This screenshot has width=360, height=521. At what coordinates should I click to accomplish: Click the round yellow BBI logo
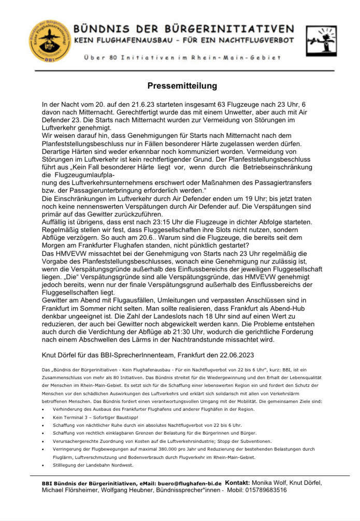pyautogui.click(x=50, y=38)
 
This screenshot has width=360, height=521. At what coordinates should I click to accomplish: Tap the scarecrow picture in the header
pyautogui.click(x=321, y=40)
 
